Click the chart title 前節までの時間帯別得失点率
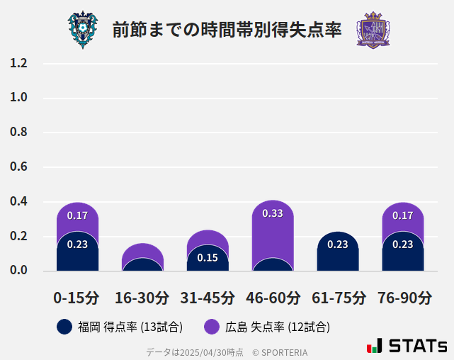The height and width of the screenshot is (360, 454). coord(227,30)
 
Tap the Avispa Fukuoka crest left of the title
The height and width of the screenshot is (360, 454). coord(83,30)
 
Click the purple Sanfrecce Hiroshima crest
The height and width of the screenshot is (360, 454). coord(373,30)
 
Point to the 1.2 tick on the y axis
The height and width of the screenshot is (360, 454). coord(18,63)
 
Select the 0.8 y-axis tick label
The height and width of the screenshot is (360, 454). coord(18,133)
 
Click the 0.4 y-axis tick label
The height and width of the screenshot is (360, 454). coord(18,202)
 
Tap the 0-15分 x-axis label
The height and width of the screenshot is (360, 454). coord(77,298)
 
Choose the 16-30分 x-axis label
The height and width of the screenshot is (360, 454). coord(142,298)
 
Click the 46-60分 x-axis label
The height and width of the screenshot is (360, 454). coord(273,298)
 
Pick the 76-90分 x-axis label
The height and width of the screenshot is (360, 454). coord(404,298)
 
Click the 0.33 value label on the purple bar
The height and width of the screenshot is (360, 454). coord(273,213)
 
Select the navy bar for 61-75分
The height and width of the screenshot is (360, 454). coord(338,252)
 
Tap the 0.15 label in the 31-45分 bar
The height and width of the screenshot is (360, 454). coord(208,258)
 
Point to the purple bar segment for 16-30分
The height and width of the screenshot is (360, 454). coord(142,251)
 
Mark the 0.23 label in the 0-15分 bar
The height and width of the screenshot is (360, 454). coord(77,244)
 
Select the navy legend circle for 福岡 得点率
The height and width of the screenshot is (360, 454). coord(64,327)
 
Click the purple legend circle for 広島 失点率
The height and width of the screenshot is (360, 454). coord(212,327)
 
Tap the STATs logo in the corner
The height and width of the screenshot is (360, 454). coord(407,346)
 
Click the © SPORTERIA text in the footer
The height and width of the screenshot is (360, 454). coord(280,352)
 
